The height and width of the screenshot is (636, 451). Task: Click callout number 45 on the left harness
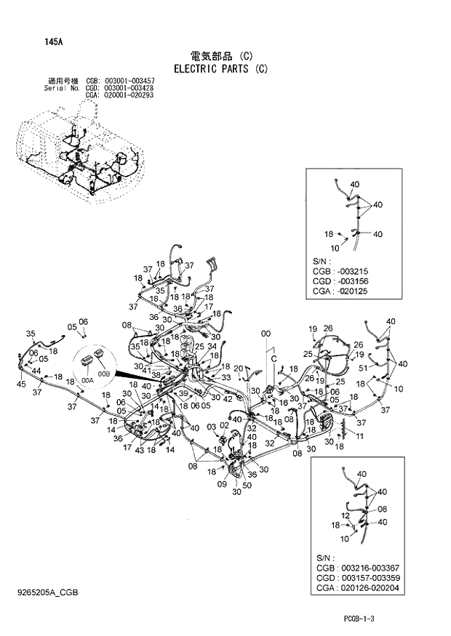22,384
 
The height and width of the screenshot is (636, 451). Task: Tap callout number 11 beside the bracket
359,435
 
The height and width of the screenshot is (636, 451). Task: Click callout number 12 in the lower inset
346,515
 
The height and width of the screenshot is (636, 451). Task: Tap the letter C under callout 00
274,359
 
